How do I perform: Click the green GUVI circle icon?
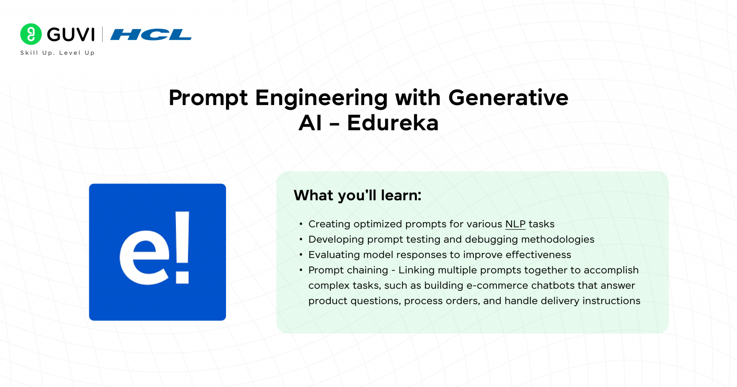click(x=31, y=34)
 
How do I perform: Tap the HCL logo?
click(x=151, y=35)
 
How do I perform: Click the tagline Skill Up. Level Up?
click(x=57, y=53)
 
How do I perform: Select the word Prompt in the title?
click(x=208, y=98)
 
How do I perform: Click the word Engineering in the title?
click(x=321, y=98)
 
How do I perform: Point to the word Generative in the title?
click(x=508, y=98)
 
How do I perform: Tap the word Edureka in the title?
click(x=393, y=123)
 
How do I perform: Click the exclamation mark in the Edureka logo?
click(x=182, y=247)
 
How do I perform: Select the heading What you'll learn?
click(x=357, y=195)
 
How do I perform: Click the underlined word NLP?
click(x=515, y=224)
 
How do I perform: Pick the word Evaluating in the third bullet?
click(x=334, y=255)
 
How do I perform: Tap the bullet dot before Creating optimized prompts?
click(x=301, y=224)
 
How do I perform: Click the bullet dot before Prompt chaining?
click(x=301, y=270)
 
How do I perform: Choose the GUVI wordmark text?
click(x=71, y=35)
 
